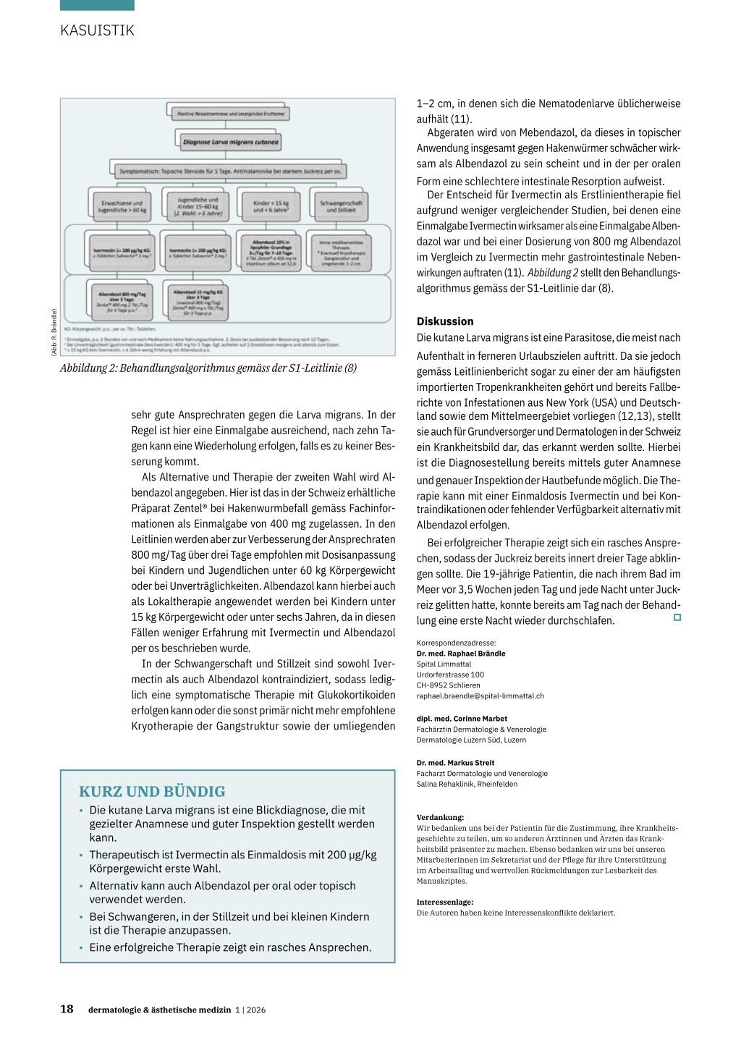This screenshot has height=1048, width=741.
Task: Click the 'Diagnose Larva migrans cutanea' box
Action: tap(230, 142)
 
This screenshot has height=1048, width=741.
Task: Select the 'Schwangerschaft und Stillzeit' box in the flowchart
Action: tap(340, 206)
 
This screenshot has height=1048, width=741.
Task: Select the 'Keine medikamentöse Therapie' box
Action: tap(341, 253)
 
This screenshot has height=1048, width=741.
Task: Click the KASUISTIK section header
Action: tap(97, 30)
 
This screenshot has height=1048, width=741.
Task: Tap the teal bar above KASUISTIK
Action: tap(97, 5)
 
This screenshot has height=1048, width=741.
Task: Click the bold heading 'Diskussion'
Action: tap(445, 321)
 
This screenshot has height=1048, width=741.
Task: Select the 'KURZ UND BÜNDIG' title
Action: tap(152, 792)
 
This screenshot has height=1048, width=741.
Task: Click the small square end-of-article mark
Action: tap(677, 617)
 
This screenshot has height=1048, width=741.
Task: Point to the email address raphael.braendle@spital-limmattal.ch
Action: tap(480, 696)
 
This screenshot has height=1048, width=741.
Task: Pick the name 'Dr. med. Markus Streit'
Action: tap(455, 763)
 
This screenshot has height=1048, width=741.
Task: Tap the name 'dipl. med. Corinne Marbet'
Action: tap(462, 719)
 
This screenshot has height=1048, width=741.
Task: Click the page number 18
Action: tap(67, 1009)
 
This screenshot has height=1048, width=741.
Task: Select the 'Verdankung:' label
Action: tap(440, 817)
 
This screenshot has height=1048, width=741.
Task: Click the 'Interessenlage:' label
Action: tap(445, 903)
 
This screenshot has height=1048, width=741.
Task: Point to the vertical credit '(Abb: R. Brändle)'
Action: tap(54, 332)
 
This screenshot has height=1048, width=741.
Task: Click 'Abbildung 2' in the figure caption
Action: tap(88, 368)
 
